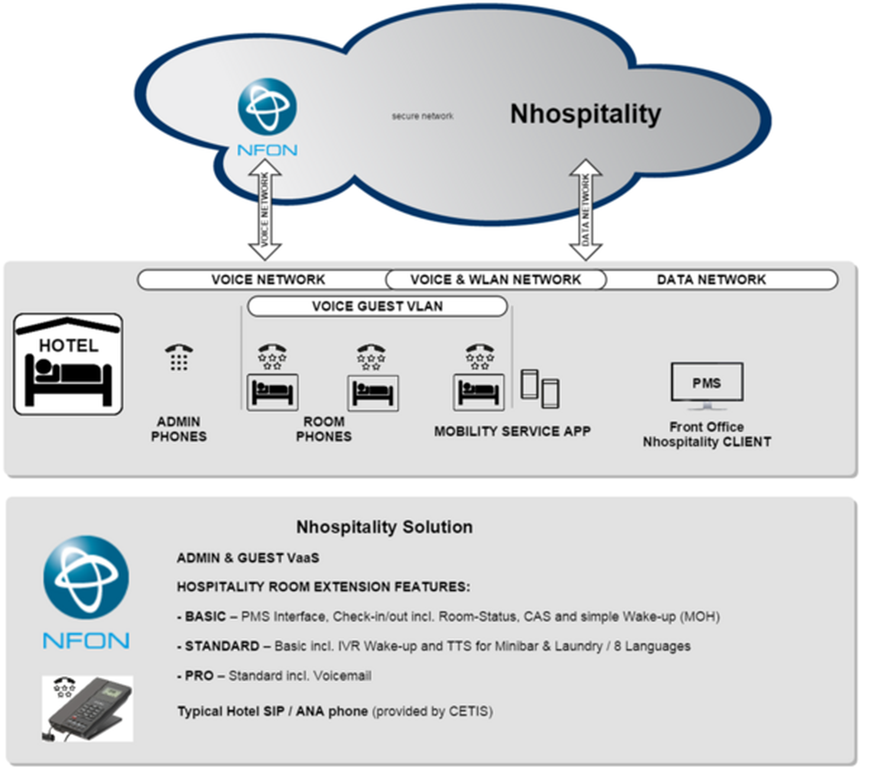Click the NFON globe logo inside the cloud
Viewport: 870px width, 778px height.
tap(267, 107)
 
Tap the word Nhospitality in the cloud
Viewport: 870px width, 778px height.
tap(585, 114)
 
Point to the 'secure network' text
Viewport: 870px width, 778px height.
tap(422, 116)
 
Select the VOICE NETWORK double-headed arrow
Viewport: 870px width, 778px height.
tap(265, 210)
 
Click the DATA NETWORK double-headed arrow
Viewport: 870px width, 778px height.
tap(586, 210)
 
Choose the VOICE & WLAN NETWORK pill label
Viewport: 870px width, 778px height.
tap(495, 279)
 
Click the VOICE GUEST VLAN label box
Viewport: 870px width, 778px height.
tap(377, 306)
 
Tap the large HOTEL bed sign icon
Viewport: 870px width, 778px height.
tap(68, 364)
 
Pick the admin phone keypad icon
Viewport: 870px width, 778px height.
tap(179, 358)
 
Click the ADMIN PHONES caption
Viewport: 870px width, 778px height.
tap(179, 429)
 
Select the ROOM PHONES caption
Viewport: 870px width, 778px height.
tap(324, 429)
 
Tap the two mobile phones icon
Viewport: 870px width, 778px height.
tap(540, 389)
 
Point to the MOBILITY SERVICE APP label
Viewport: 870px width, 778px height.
tap(512, 431)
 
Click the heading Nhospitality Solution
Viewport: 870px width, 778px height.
tap(384, 527)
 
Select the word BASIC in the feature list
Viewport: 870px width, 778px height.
tap(205, 616)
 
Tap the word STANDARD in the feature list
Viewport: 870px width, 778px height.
tap(222, 646)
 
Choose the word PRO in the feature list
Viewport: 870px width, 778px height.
tap(199, 675)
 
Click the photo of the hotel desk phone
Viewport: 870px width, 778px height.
tap(87, 708)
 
